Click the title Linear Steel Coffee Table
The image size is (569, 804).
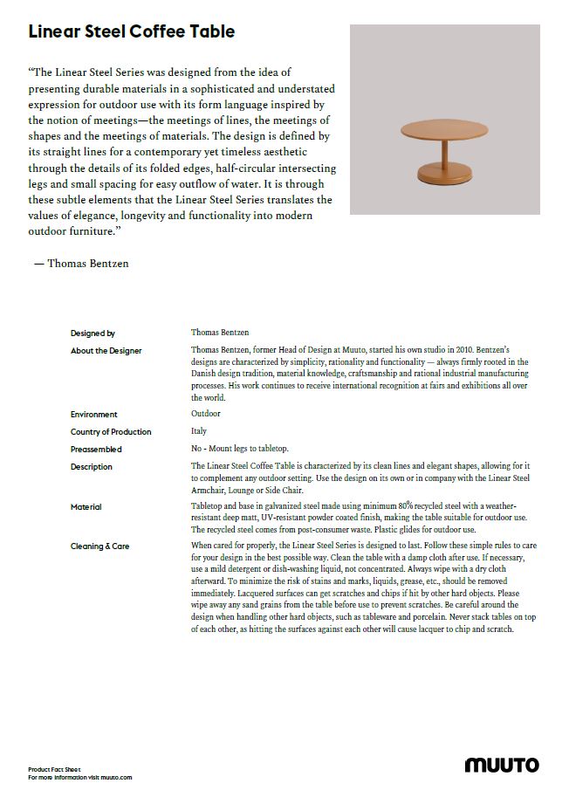pos(131,32)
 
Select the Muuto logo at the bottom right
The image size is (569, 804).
pos(502,766)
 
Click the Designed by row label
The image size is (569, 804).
pos(93,333)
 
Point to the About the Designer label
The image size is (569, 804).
pos(106,351)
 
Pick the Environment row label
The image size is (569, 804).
pos(93,415)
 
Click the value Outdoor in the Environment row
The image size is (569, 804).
pos(205,414)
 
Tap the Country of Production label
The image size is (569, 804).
pos(111,432)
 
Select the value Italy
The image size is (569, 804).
pos(198,431)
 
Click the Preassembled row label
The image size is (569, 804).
pos(96,450)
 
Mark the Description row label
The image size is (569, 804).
pos(92,467)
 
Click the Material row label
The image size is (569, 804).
pos(86,507)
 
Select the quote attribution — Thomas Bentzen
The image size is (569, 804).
pos(81,264)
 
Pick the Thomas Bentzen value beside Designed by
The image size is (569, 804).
pos(220,333)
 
